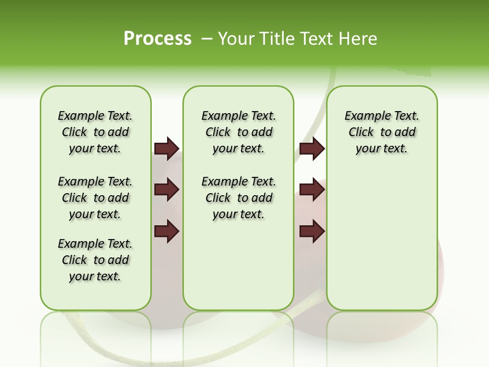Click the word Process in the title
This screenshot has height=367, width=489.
tap(157, 38)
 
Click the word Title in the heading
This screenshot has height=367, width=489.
tap(274, 38)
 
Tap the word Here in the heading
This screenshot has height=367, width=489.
tap(358, 38)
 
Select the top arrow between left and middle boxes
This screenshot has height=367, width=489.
tap(167, 148)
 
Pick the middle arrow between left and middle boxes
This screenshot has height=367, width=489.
tap(167, 190)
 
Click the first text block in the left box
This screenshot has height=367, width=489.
tap(95, 132)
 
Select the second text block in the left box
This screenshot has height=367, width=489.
tap(95, 198)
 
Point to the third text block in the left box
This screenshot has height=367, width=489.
tap(95, 260)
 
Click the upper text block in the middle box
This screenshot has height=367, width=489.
tap(238, 132)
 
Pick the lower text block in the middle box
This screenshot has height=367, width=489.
tap(238, 198)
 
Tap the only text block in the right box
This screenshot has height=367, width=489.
tap(382, 132)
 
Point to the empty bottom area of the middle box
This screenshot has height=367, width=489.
tap(238, 270)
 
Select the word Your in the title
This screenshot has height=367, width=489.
tap(236, 38)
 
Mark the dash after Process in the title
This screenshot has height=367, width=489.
tap(207, 38)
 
